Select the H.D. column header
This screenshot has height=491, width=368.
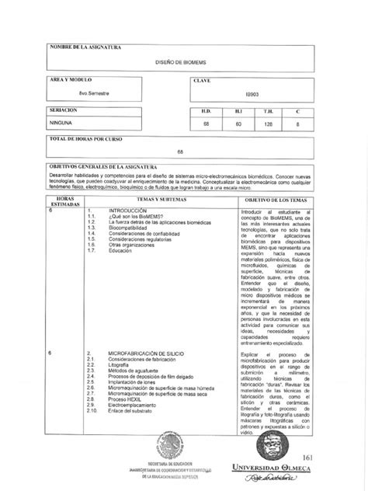207,111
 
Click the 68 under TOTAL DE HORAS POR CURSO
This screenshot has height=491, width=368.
180,151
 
